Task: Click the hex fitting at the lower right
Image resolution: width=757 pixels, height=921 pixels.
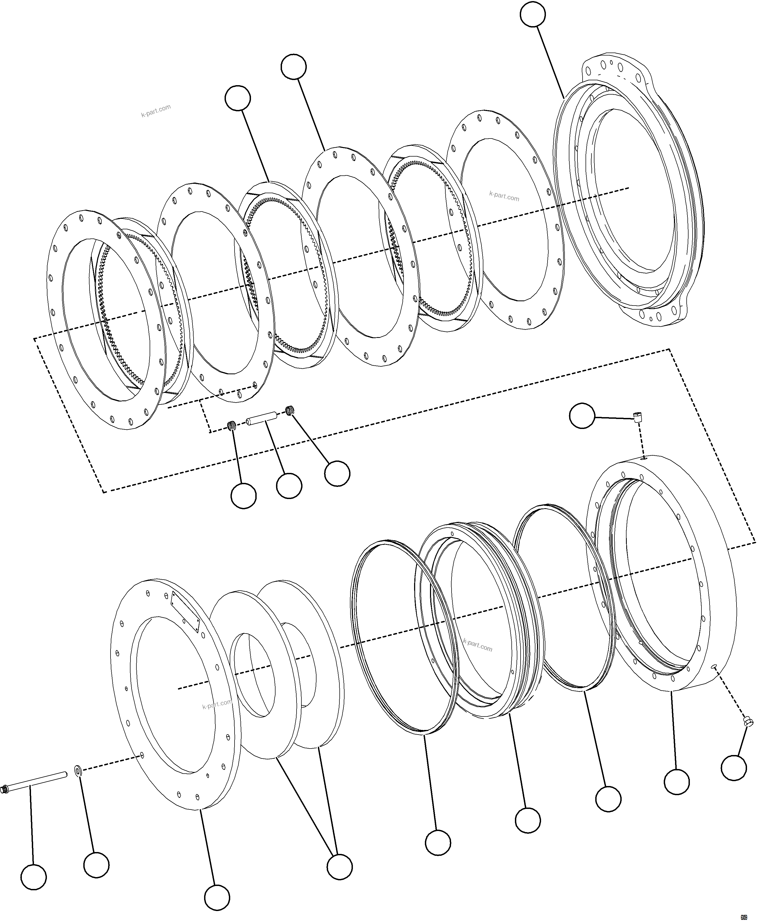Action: point(747,723)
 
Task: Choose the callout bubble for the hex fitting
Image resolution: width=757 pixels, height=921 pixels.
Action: point(734,768)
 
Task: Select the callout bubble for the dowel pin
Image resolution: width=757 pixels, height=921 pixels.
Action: point(289,486)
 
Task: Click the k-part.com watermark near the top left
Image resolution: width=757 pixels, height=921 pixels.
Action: point(156,111)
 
